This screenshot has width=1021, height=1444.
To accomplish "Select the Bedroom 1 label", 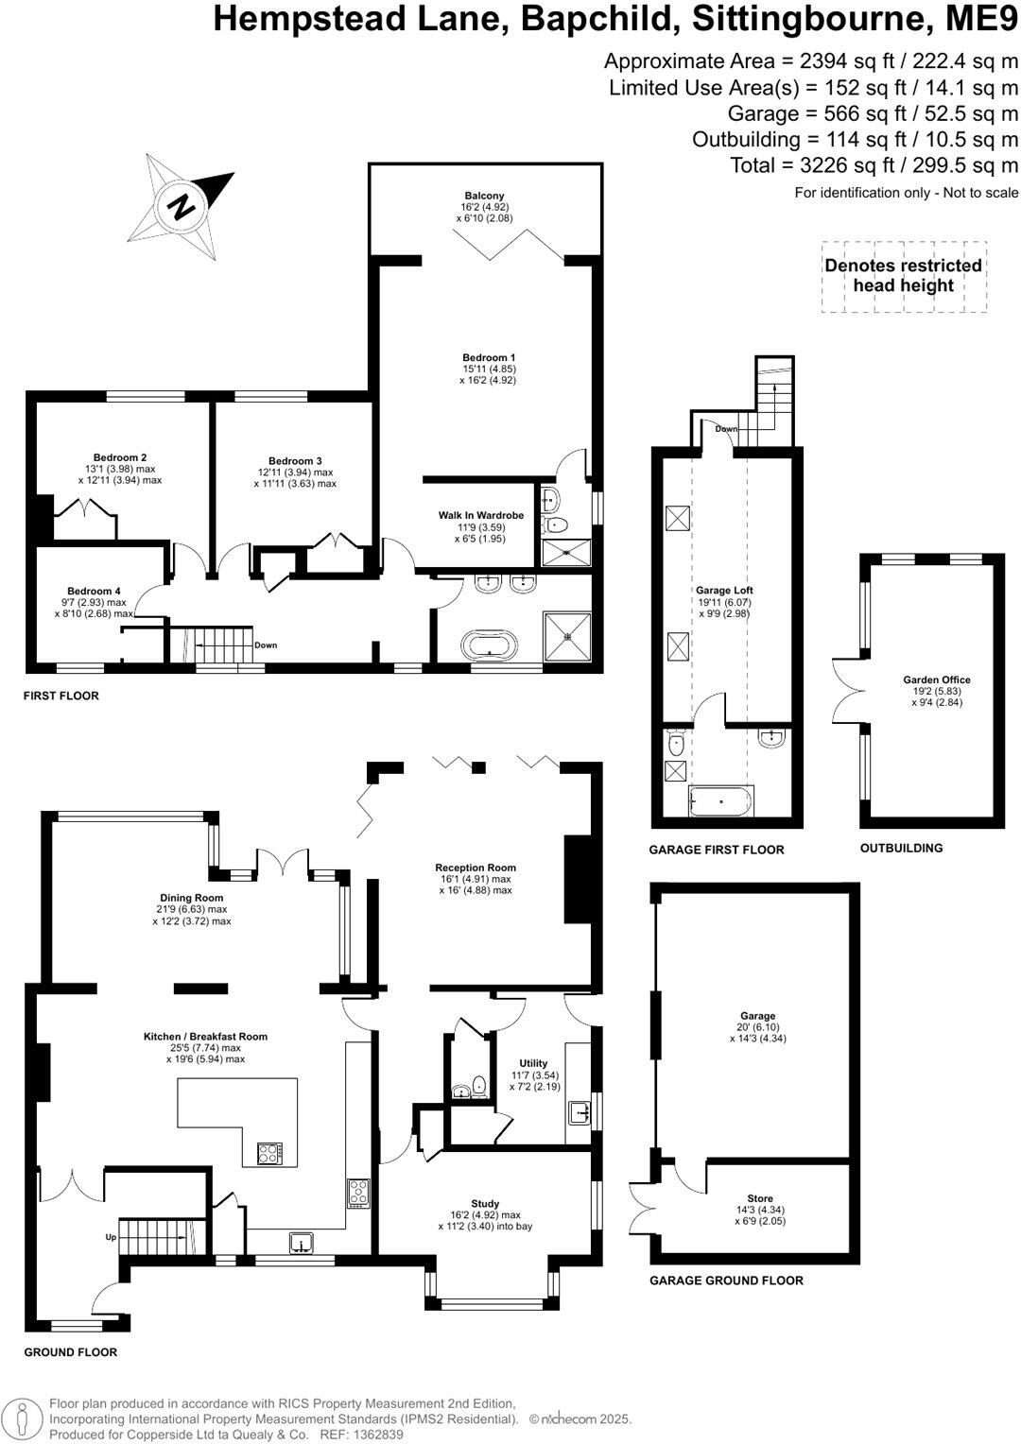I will pos(489,357).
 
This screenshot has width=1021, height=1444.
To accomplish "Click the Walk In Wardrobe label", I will pos(480,515).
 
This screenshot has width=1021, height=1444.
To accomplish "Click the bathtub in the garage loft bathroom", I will pos(721,801).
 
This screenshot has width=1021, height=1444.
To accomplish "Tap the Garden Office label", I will pos(936,679).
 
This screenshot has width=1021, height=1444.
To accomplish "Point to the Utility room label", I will pos(533,1063).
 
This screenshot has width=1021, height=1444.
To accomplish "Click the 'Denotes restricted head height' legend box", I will pos(903,276).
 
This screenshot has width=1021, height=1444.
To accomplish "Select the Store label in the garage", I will pos(759,1198).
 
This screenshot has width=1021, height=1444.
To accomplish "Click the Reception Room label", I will pos(475,868).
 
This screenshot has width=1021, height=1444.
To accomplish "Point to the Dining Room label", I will pos(191,898).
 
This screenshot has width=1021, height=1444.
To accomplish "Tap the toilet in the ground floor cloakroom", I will pos(479,1084).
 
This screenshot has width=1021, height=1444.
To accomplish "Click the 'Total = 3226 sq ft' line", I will pos(874,165).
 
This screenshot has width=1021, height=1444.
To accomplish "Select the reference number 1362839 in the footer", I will pos(377,1434).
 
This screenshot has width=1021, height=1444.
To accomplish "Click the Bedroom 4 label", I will pos(94,591).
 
